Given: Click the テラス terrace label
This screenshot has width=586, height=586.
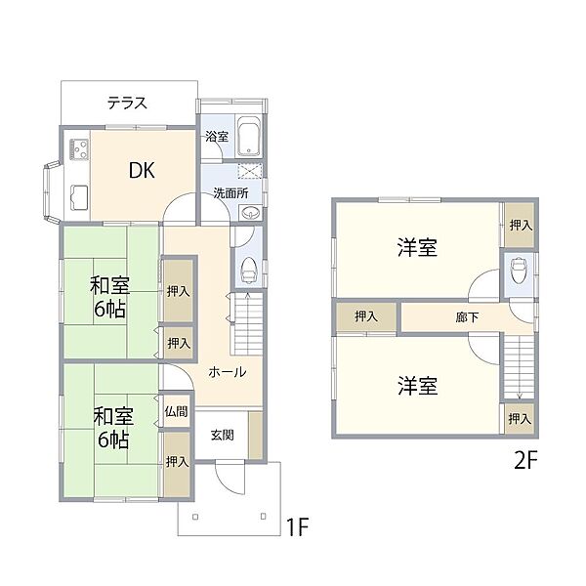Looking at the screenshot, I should click(x=128, y=102).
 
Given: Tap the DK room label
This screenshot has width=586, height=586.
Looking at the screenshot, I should click(x=143, y=170).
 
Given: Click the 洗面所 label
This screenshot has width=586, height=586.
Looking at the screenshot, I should click(x=230, y=192).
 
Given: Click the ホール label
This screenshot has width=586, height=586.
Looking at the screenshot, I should click(x=227, y=371).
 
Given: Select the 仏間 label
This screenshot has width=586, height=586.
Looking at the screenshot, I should click(x=177, y=411).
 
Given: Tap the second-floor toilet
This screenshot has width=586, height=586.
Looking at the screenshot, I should click(x=519, y=268).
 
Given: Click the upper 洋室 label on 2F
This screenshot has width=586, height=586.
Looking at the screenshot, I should click(x=416, y=248).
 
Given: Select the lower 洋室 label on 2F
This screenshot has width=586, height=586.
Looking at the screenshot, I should click(x=416, y=386).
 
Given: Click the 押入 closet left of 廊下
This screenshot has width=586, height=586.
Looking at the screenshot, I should click(x=366, y=316).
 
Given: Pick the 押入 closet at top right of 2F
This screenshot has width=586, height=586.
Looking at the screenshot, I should click(x=520, y=225).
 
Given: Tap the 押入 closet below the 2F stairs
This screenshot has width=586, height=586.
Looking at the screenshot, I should click(x=520, y=418).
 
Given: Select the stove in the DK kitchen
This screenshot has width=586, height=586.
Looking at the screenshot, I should click(x=78, y=150).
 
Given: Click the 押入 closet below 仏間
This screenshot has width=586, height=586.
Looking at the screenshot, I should click(x=177, y=461).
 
